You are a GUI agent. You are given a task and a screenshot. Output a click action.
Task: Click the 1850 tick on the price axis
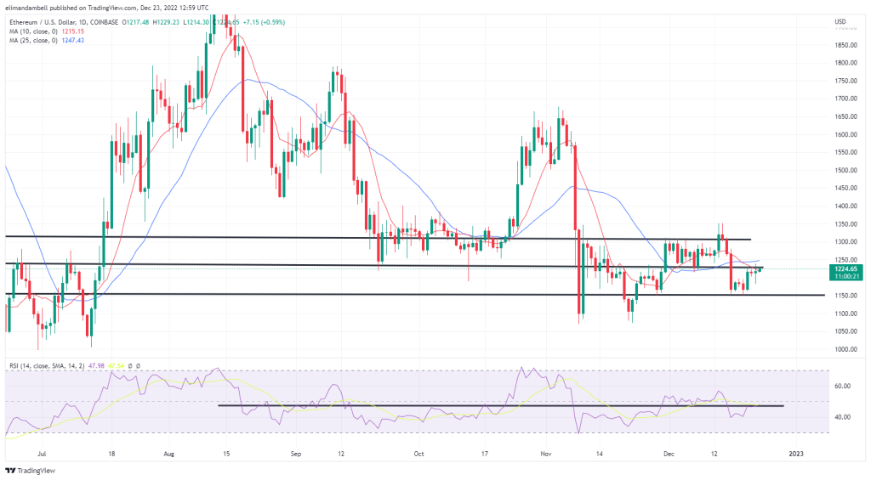pyautogui.click(x=845, y=45)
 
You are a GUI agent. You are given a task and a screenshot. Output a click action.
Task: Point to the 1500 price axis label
pyautogui.click(x=845, y=170)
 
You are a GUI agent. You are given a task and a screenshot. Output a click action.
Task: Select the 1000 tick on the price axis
pyautogui.click(x=845, y=349)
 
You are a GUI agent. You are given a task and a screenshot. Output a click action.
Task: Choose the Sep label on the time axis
pyautogui.click(x=295, y=454)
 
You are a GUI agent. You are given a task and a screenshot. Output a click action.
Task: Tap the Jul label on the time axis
pyautogui.click(x=43, y=454)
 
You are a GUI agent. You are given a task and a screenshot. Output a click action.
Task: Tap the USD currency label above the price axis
pyautogui.click(x=840, y=20)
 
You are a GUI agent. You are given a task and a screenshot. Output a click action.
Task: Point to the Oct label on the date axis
pyautogui.click(x=418, y=454)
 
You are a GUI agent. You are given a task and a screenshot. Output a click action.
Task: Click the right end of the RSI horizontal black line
pyautogui.click(x=782, y=406)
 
